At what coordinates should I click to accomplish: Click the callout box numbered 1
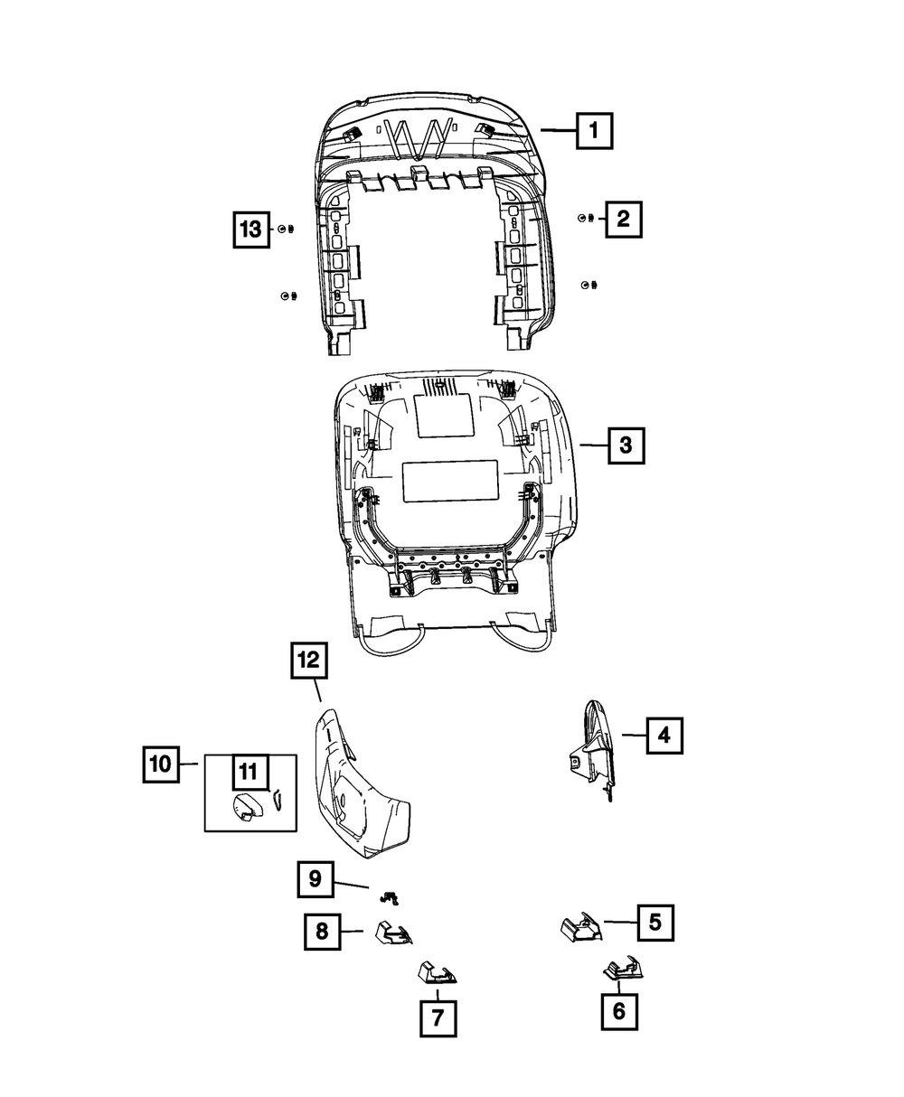(x=594, y=131)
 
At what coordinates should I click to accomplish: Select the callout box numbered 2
(x=624, y=219)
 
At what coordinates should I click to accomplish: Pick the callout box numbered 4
(x=664, y=736)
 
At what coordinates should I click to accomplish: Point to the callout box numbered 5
(x=655, y=923)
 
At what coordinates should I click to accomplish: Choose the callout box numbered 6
(x=619, y=1011)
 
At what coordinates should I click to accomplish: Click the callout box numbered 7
(x=438, y=1018)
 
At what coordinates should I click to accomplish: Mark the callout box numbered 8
(x=321, y=930)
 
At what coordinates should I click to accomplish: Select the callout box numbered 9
(x=315, y=878)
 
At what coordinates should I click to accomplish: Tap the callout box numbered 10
(x=161, y=764)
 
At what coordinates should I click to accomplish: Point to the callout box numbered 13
(x=249, y=230)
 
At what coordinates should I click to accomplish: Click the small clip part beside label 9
(x=390, y=897)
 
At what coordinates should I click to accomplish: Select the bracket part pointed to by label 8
(x=392, y=933)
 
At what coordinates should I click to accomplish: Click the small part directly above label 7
(x=437, y=972)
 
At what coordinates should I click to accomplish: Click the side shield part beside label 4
(x=593, y=745)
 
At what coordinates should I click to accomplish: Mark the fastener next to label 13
(x=283, y=230)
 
